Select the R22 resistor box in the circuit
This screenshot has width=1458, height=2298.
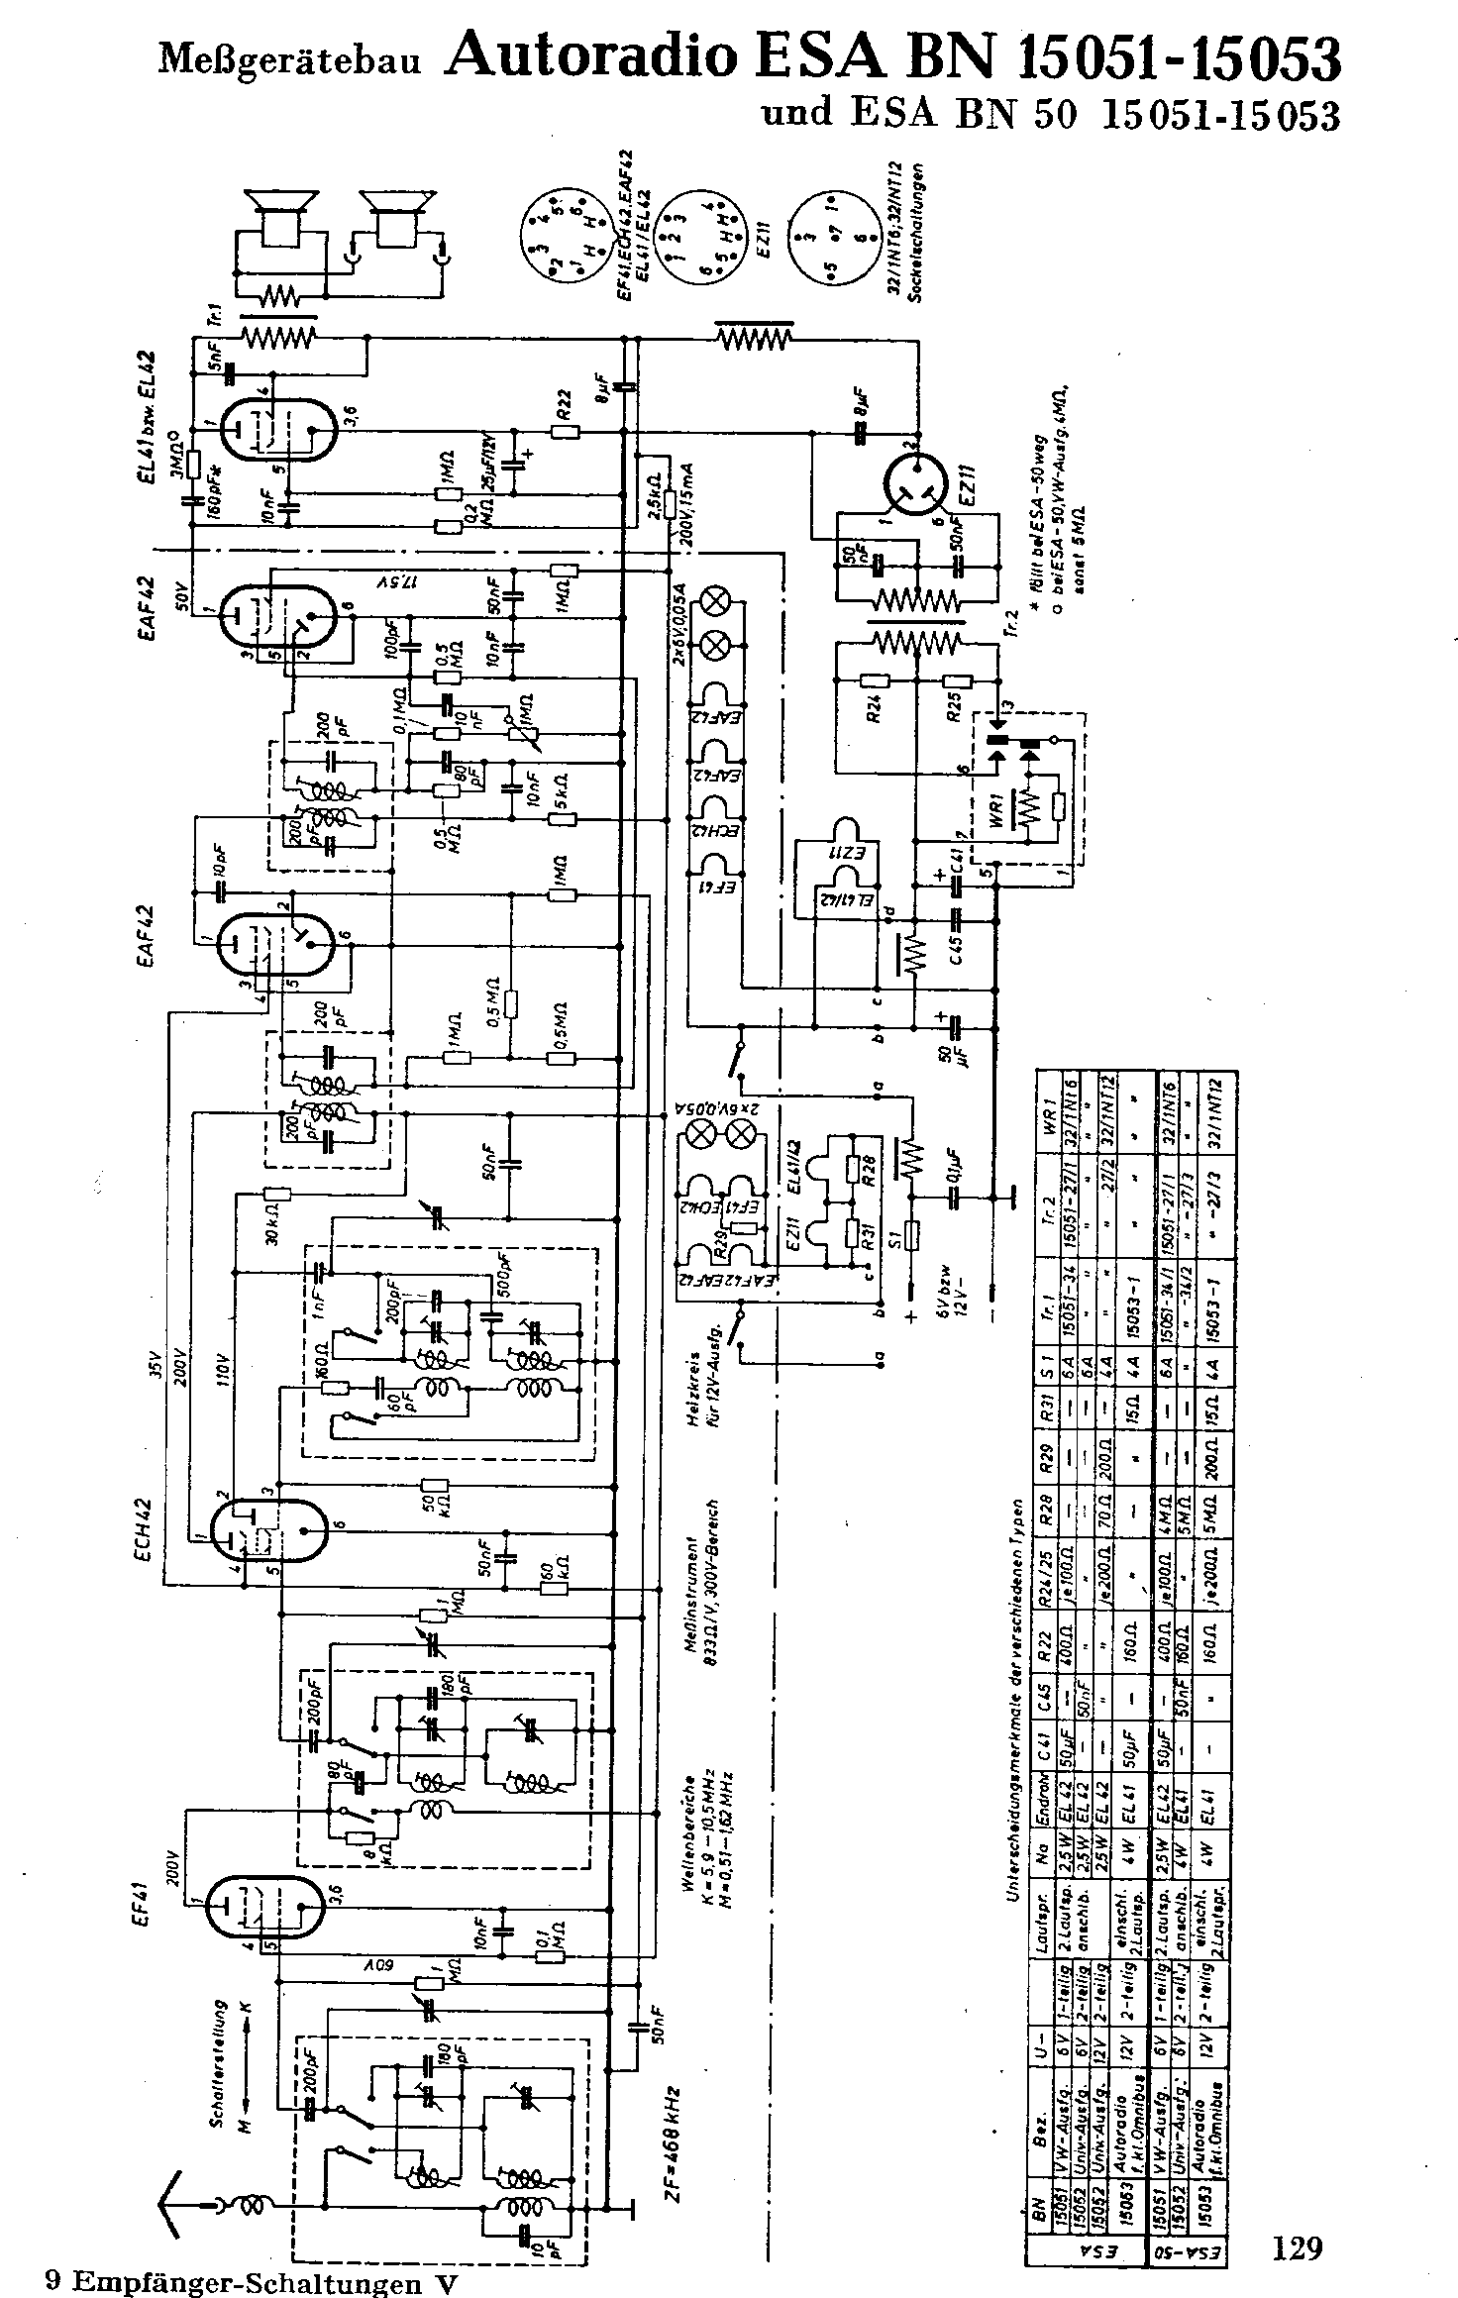566,431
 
